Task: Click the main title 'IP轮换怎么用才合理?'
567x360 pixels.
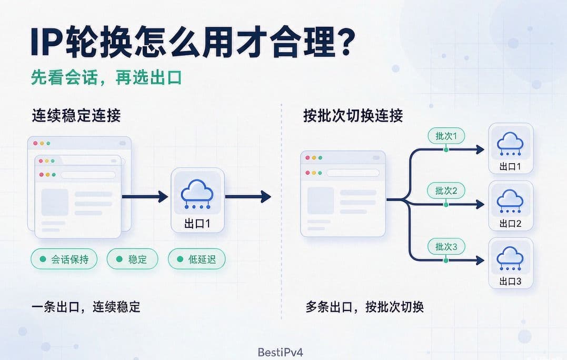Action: coord(193,42)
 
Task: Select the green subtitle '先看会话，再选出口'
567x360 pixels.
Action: coord(106,78)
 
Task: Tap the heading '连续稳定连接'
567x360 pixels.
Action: coord(76,116)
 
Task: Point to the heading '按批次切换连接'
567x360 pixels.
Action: coord(353,116)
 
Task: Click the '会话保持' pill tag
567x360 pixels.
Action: coord(64,259)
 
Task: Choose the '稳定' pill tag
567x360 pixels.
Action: coord(132,259)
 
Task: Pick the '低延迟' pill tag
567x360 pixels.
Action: coord(197,259)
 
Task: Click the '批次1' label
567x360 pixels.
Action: coord(446,136)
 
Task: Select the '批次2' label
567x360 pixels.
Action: coord(446,191)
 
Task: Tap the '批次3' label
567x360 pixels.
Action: coord(446,246)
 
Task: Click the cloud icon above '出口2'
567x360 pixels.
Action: coord(510,201)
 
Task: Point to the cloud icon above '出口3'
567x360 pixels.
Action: coord(510,258)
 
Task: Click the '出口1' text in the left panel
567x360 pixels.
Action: coord(197,224)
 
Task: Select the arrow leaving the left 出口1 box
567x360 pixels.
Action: coord(248,197)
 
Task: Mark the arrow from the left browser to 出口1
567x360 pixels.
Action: coord(145,197)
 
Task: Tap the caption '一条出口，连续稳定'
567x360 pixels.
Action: coord(86,307)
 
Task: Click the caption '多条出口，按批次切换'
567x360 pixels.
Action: coord(364,307)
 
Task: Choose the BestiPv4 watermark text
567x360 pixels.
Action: coord(280,352)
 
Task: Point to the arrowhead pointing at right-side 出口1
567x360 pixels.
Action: coord(480,149)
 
